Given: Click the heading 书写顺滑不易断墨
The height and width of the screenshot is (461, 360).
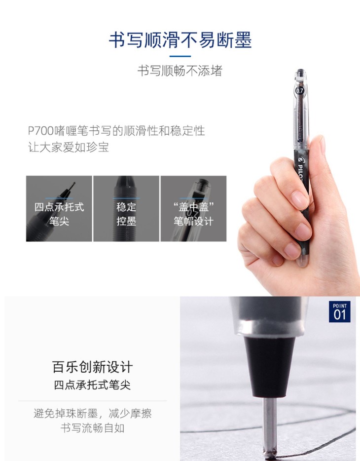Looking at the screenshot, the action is coord(180,40).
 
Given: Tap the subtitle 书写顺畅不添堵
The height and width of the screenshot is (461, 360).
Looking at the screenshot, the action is coord(180,71).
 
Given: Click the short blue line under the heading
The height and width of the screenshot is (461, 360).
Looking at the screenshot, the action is coord(180,56).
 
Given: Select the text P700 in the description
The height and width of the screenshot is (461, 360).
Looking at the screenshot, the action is coord(41,131).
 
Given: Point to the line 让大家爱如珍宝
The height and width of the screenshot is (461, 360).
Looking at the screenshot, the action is coord(69,147).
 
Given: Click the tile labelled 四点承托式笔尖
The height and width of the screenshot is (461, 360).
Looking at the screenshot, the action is coord(59,209).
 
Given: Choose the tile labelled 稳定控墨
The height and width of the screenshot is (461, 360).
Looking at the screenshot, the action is coord(126,209).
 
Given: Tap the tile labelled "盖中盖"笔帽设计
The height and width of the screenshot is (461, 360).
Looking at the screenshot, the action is coord(193,209).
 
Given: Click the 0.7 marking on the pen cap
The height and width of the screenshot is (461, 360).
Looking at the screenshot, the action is coord(299,90).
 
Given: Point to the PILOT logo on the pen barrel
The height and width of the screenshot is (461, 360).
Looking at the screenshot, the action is coord(301,168).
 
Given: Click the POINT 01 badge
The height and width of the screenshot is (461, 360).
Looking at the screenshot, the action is coord(339,311).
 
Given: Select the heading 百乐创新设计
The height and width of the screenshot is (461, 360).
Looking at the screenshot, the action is coord(93,367).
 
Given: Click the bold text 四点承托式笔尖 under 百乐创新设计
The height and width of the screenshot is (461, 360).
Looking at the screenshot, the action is coord(92,385).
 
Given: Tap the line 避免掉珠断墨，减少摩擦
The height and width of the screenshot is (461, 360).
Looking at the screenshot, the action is coord(93,414).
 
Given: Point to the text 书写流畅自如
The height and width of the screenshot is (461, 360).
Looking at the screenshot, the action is coord(93,428).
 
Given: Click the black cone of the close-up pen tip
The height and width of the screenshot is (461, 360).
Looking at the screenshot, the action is coord(270,367).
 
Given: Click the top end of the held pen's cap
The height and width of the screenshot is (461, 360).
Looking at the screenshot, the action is coord(300,70).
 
